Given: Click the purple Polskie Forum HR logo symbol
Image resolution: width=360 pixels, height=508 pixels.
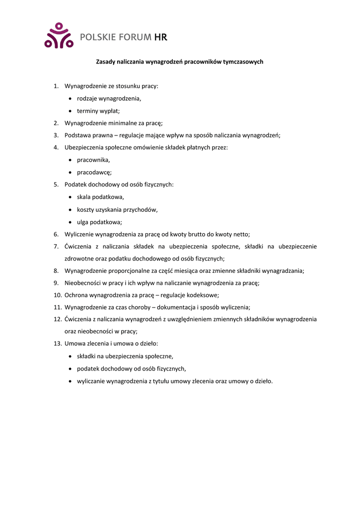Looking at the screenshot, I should point(59,36).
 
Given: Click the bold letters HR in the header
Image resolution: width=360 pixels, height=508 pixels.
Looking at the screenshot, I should point(161,37).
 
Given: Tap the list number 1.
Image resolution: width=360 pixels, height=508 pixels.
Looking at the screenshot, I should point(56,86).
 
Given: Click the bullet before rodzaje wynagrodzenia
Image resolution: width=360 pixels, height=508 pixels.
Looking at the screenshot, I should point(71,99).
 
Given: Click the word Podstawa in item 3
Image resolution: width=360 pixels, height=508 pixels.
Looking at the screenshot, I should point(77,135).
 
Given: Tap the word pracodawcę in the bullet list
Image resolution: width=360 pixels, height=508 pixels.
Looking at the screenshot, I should point(94,172).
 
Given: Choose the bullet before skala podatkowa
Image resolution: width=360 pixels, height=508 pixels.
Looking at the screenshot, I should point(71,197).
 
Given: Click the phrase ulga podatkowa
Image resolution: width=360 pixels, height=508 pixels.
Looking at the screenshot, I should point(99,222).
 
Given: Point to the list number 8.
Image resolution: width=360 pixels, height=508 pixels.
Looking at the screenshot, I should point(56,271).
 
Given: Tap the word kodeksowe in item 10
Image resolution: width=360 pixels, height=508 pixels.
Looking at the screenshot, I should point(201,295).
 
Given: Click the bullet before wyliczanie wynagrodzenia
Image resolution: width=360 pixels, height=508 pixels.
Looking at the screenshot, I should point(71,381).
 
